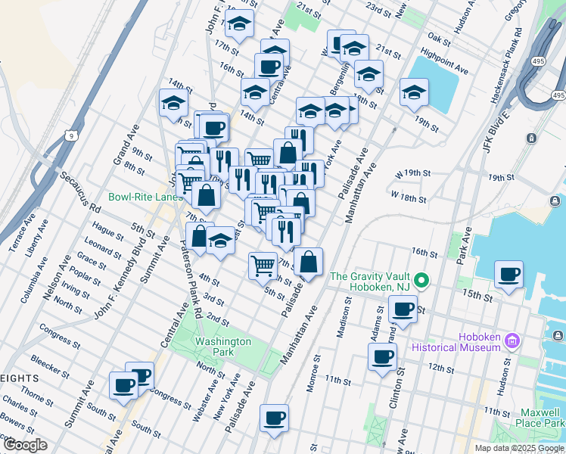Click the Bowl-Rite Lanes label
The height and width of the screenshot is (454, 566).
click(x=143, y=197)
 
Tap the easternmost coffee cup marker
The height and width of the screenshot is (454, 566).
click(x=509, y=274)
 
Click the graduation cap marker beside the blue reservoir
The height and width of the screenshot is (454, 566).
click(x=413, y=93)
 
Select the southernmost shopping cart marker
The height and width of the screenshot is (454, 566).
click(x=263, y=266)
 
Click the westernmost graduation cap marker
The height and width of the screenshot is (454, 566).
click(x=173, y=103)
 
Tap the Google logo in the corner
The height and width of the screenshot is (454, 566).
click(x=24, y=444)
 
